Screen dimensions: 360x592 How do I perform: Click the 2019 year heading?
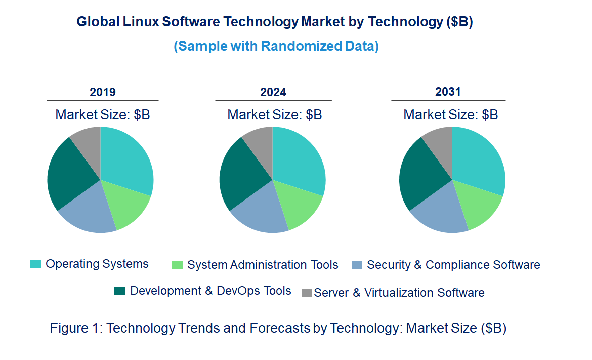pos(103,92)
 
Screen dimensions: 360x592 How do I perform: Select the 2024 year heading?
pos(273,92)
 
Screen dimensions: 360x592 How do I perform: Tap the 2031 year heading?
pos(448,92)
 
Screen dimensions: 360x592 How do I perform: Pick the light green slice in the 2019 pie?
pos(126,205)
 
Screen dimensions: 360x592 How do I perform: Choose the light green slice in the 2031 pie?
pos(478,205)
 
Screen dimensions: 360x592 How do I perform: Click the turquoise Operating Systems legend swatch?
pos(36,264)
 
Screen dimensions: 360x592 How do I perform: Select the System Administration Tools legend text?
pos(263,265)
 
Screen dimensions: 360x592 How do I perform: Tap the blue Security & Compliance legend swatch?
pos(357,265)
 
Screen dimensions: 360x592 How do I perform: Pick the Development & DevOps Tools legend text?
pos(210,291)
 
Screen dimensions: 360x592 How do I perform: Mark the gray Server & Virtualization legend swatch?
pos(307,293)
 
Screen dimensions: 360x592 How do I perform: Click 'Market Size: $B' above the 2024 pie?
pos(274,114)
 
